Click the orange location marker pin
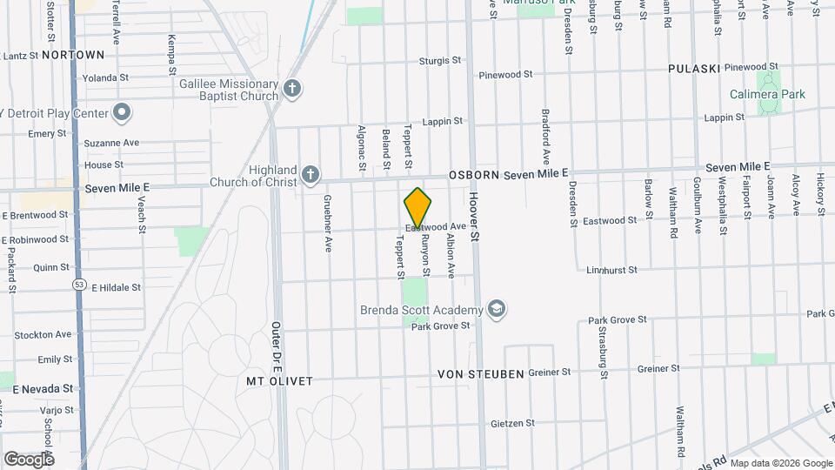[x=417, y=208]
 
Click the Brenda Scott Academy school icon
[x=497, y=310]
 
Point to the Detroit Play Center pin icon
[x=123, y=113]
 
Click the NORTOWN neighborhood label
[x=73, y=55]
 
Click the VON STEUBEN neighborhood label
[x=481, y=374]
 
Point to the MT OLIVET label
[x=278, y=381]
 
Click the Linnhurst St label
[x=612, y=270]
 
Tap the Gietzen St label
[x=512, y=423]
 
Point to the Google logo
[x=29, y=459]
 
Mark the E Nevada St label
[x=41, y=388]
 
